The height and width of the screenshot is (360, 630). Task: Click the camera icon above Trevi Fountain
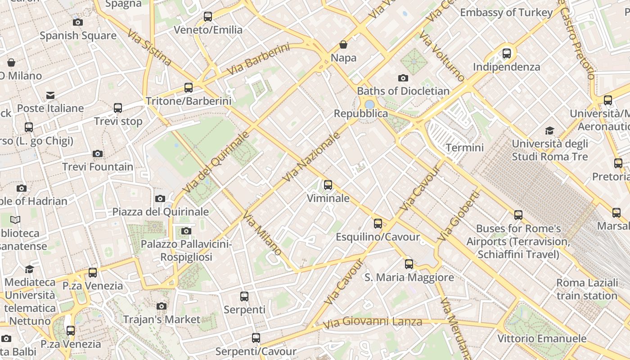(98, 154)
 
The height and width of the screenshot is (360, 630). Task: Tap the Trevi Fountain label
(98, 167)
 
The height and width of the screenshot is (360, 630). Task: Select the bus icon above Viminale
(328, 185)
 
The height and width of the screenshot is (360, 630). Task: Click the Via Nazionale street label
(311, 157)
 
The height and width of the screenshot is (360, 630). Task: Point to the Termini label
(464, 148)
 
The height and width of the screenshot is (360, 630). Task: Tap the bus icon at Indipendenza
(507, 54)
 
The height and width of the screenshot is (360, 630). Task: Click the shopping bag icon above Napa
(343, 45)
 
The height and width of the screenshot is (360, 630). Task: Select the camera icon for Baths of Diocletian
(403, 78)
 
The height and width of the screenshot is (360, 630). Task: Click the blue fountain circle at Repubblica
(369, 104)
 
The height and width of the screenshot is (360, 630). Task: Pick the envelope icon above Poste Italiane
(50, 95)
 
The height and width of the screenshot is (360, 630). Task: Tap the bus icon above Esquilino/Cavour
(378, 224)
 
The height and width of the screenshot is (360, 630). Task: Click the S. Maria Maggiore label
(409, 278)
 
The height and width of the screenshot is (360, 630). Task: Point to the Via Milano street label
(262, 234)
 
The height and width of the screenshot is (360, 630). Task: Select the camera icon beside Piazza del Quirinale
(160, 198)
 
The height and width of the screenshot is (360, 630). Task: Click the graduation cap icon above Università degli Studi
(549, 131)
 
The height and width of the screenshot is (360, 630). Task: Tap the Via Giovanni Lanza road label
(373, 322)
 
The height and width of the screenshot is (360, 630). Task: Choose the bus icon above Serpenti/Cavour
(256, 338)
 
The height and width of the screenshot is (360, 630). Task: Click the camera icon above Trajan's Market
(162, 306)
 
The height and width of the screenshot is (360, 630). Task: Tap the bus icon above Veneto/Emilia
(208, 17)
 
